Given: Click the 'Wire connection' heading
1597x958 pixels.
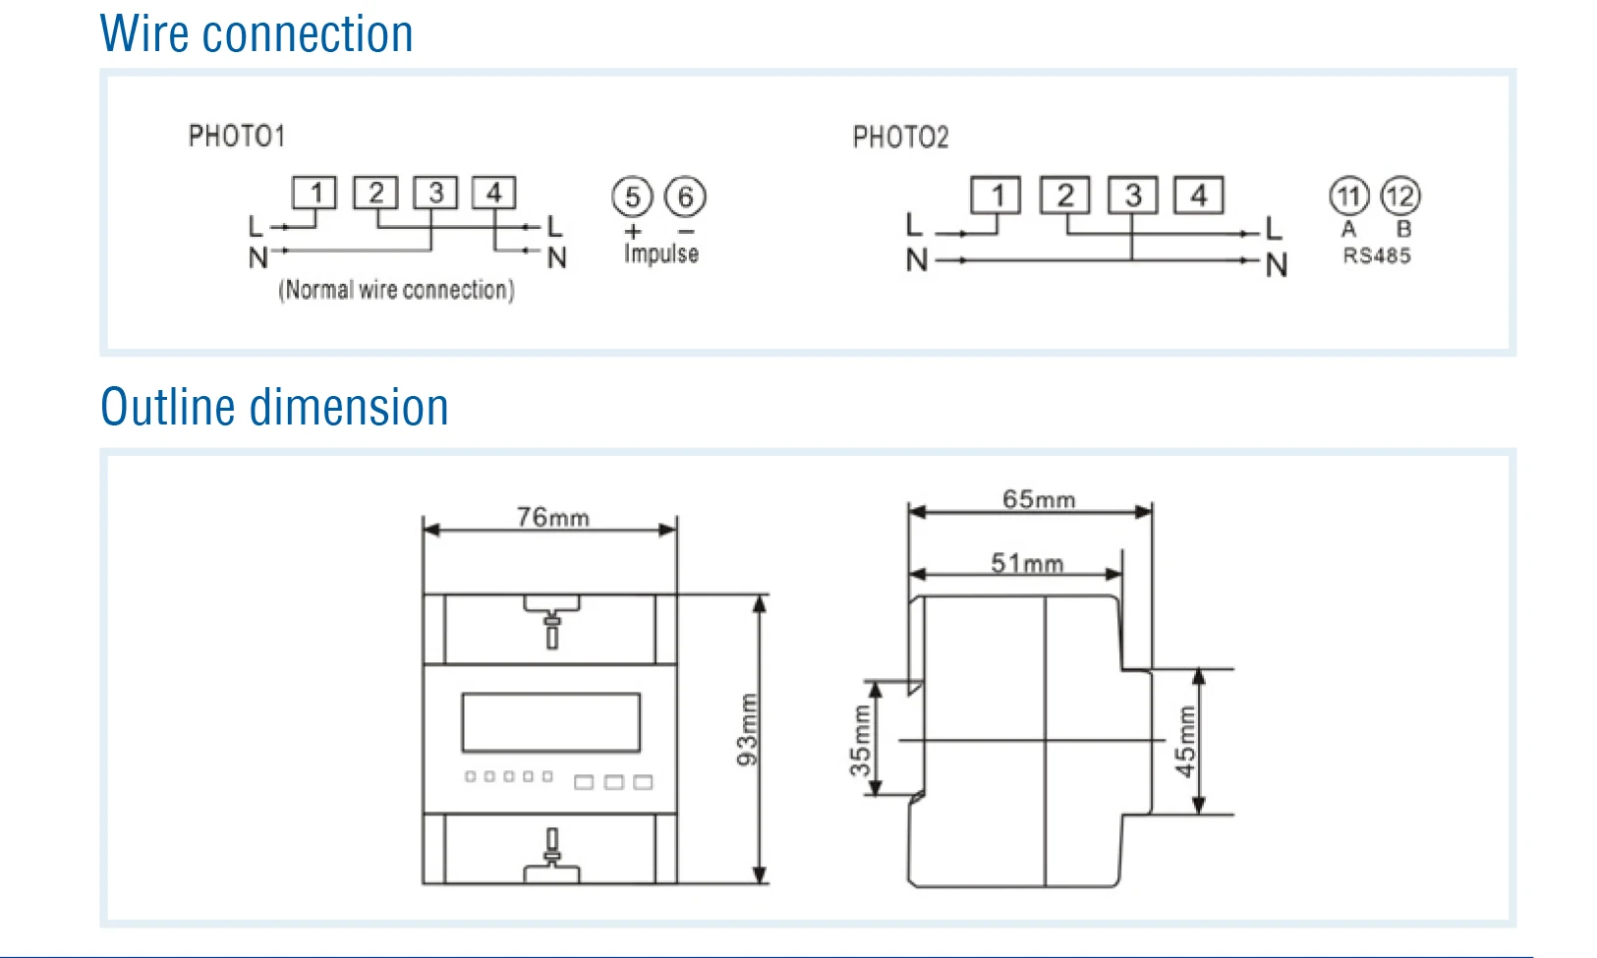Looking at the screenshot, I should coord(257,34).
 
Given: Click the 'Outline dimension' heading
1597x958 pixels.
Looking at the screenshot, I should coord(274,407).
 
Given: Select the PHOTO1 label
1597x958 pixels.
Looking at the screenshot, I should coord(237,136).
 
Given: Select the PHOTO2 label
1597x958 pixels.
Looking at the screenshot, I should coord(900,137).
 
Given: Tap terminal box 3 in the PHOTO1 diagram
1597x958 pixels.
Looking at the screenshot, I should coord(435,193).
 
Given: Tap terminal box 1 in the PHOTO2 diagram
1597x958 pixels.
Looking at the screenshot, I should coord(996,195).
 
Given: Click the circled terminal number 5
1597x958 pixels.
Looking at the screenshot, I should coord(632,197).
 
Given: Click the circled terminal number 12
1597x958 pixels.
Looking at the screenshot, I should coord(1400,196).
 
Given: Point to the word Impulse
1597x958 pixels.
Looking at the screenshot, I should coord(660,254).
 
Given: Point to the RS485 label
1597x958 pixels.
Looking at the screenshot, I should coord(1376,255).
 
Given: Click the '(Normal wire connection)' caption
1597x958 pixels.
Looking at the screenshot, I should coord(396,290).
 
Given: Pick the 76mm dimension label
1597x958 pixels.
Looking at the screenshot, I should coord(552,517).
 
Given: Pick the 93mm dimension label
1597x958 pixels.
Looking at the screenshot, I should coord(747,729).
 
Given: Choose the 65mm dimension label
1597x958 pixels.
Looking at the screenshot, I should coord(1038,499).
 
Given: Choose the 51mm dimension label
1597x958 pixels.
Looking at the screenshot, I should coord(1026,563).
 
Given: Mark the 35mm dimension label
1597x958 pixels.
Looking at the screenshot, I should coord(861,740).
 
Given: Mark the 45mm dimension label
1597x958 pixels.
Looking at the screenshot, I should coord(1186,741).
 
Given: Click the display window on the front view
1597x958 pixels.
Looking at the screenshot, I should coord(550,722).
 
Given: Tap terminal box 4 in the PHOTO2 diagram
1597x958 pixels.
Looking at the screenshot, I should coord(1199,195).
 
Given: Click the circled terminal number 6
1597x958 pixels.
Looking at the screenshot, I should coord(685,197).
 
